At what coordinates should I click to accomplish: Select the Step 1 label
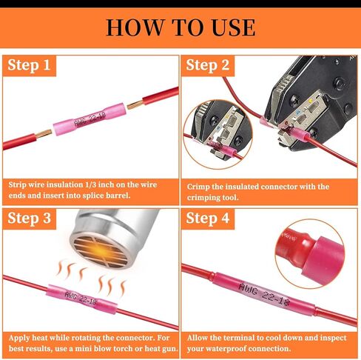coord(29,65)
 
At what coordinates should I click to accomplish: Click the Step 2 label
coord(208,65)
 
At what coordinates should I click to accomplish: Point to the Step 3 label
coord(29,219)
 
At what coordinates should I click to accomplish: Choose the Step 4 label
coord(208,219)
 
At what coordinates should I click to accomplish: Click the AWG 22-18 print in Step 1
coord(90,119)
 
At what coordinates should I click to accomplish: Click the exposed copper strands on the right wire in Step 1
coord(135,104)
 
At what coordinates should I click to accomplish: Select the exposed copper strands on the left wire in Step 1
coord(44,134)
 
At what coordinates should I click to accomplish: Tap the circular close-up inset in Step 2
coord(217,135)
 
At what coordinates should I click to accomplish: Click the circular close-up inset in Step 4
coord(310,254)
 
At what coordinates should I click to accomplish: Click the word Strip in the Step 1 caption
coord(18,185)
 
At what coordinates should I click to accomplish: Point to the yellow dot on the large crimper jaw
coord(311,101)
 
